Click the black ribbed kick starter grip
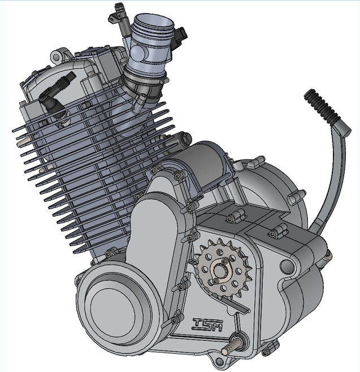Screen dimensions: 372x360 321,105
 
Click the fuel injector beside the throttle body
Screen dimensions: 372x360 119,14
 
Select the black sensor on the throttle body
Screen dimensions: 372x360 181,36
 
